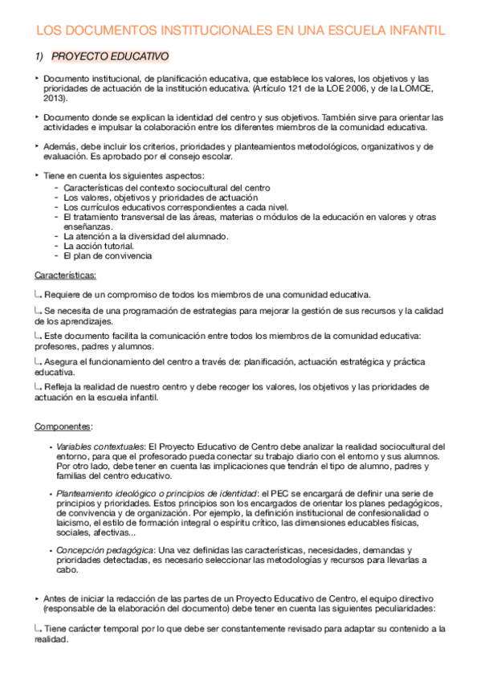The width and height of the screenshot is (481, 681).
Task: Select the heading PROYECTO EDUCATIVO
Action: [109, 57]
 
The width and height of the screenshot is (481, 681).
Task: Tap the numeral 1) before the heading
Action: [38, 57]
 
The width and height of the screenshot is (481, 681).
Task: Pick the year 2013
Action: [55, 98]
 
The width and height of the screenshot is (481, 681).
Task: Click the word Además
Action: [62, 147]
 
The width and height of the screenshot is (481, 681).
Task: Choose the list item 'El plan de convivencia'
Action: [108, 256]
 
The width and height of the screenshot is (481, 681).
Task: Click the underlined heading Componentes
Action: [63, 426]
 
